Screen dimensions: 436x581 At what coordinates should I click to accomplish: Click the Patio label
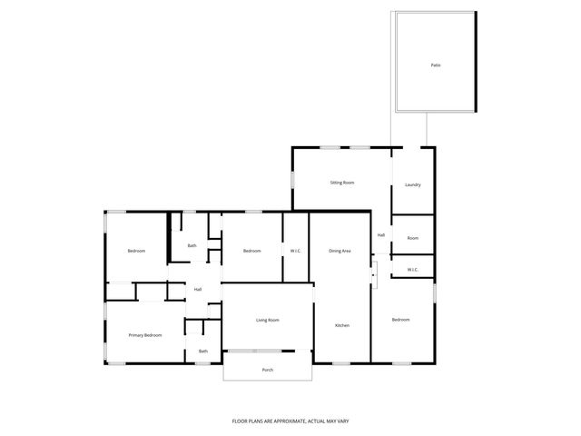point(435,65)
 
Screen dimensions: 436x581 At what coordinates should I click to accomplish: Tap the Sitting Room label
point(341,183)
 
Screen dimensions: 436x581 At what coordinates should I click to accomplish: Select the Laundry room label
point(412,185)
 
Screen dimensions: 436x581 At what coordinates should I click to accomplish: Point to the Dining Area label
point(340,251)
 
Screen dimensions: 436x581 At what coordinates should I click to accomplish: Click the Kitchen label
point(342,325)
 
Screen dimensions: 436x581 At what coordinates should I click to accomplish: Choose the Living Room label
point(267,320)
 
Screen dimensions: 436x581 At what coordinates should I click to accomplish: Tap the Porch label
point(268,370)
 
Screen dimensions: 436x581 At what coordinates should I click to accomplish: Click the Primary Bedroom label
point(145,335)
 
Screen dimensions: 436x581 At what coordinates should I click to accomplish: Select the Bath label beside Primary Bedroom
point(203,352)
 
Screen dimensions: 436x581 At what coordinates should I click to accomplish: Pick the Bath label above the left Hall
point(192,245)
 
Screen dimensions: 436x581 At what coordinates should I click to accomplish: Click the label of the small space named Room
point(412,238)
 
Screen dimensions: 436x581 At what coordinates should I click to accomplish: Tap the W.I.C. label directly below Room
point(412,269)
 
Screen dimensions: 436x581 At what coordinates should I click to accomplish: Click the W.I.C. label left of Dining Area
point(296,251)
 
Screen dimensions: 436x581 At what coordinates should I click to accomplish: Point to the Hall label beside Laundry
point(381,235)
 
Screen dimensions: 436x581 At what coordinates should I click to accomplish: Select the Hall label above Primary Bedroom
point(197,290)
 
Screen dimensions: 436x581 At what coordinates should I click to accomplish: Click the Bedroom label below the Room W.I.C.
point(400,320)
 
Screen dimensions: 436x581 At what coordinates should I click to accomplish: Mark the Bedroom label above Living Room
point(251,251)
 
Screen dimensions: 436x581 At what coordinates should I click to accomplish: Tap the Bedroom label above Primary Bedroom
point(136,251)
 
